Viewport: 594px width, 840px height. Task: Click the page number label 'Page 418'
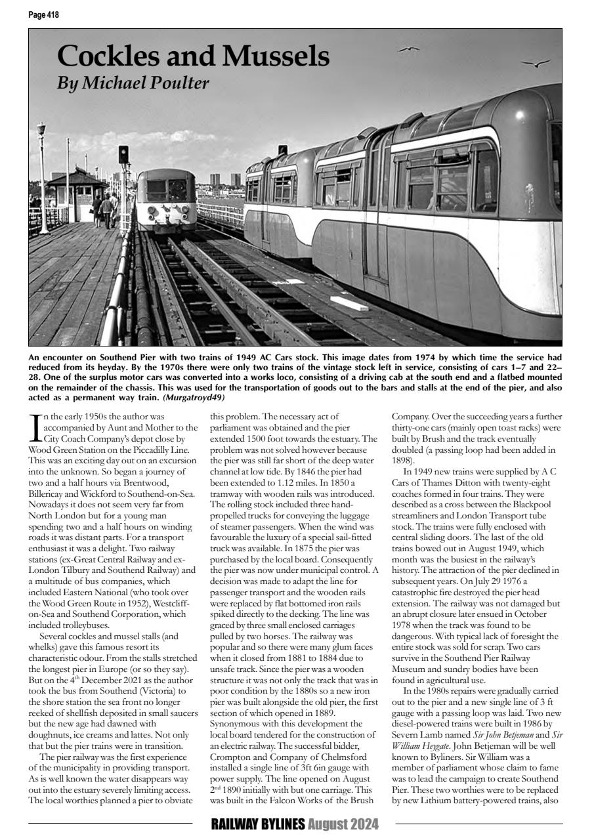tap(43, 14)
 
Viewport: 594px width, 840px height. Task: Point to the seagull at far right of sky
tap(536, 64)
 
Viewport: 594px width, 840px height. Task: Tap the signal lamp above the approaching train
tap(123, 156)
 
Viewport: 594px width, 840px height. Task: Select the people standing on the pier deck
tap(105, 208)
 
